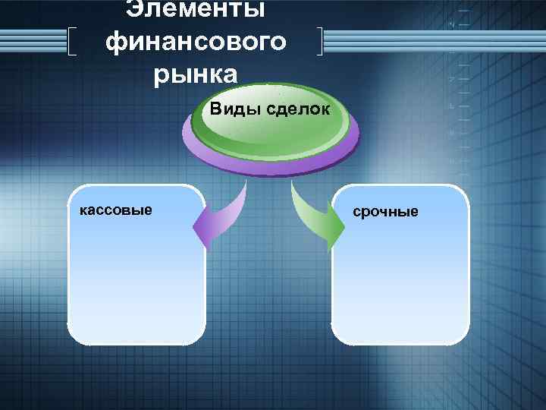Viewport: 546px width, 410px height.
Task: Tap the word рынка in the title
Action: pos(196,74)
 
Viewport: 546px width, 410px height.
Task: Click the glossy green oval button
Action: pos(269,125)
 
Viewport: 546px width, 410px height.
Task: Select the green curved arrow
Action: pos(315,213)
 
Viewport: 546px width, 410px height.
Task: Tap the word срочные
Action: pos(385,211)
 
